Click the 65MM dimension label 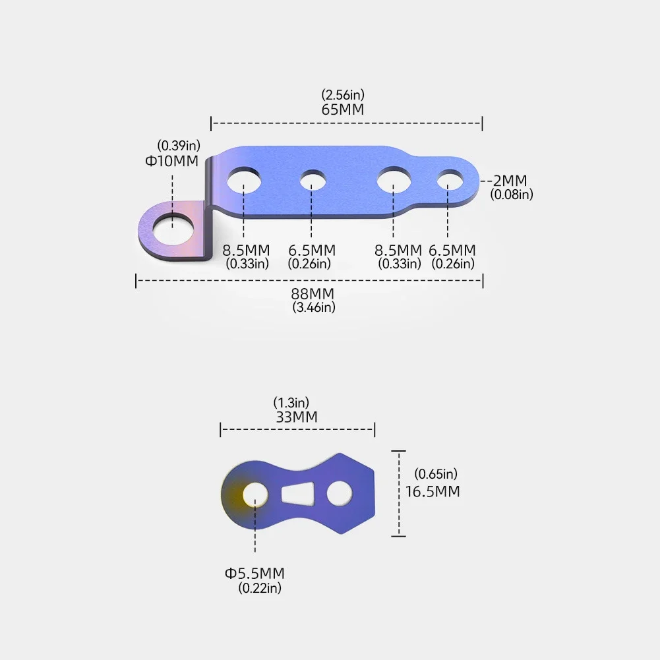tap(343, 109)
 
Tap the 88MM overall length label tap(313, 293)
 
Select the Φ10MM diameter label tap(171, 161)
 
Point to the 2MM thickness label tap(510, 181)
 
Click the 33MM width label tap(297, 417)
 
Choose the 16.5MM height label tap(433, 491)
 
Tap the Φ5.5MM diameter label tap(255, 573)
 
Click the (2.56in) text tap(343, 94)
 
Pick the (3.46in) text tap(314, 307)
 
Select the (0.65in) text tap(436, 474)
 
